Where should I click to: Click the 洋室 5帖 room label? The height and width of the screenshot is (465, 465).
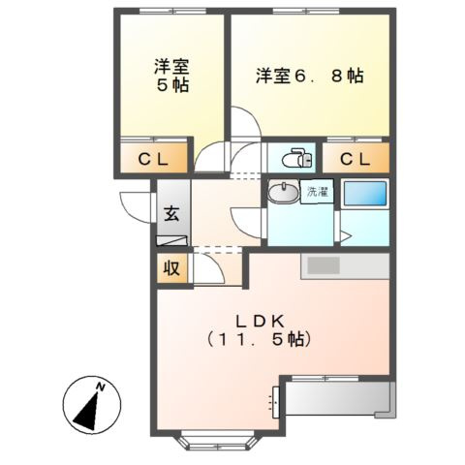pos(171,76)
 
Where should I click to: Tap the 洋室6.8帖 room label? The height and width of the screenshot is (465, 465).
pos(309,76)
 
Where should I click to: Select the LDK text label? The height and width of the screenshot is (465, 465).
pos(257,321)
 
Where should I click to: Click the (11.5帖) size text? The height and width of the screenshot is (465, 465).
pos(257,340)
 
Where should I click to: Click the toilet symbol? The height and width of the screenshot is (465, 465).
pos(294,158)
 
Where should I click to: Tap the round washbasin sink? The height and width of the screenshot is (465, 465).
pos(285,192)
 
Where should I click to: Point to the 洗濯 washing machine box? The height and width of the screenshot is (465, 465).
pos(316,191)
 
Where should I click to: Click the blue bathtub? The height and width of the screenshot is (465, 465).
pos(365,193)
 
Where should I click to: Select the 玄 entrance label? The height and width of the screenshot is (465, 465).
pos(170,214)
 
